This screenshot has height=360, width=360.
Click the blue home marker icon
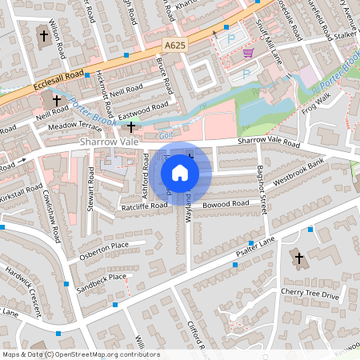tap(180, 172)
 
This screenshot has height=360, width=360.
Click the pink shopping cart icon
tap(248, 53)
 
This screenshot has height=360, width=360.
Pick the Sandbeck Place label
tap(101, 281)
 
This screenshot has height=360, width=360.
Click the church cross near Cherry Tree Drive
tap(300, 258)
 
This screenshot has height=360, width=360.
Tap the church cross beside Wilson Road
tap(43, 35)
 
